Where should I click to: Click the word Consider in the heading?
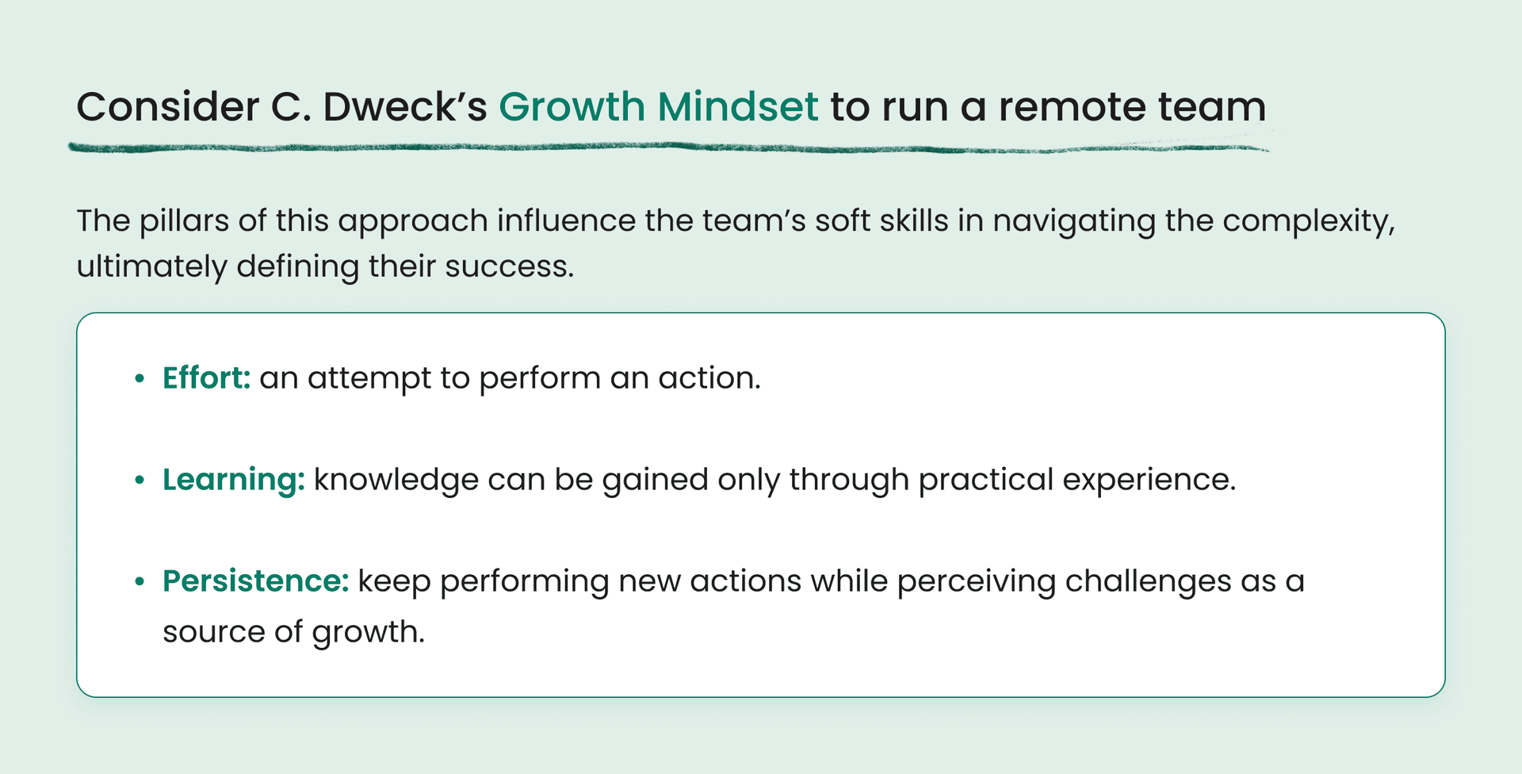[x=167, y=107]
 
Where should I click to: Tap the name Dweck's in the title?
[x=404, y=107]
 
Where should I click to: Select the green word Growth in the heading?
[x=572, y=107]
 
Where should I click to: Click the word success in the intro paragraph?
[x=508, y=266]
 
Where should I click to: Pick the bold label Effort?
[x=206, y=378]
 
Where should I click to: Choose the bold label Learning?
[x=233, y=480]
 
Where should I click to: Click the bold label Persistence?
[x=255, y=581]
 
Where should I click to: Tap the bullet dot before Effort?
[x=140, y=379]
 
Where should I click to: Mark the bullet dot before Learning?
[x=140, y=481]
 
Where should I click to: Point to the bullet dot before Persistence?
[x=140, y=582]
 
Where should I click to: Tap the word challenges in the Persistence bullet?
[x=1148, y=581]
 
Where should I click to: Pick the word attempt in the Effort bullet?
[x=369, y=378]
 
